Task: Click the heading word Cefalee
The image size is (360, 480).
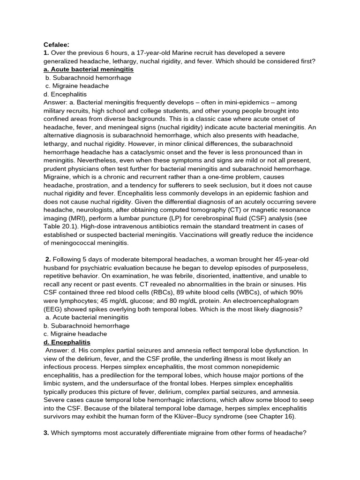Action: tap(56, 45)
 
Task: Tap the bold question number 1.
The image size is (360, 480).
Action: tap(46, 52)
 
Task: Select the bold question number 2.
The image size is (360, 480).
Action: tap(48, 259)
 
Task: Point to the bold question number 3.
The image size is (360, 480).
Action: tap(46, 433)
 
